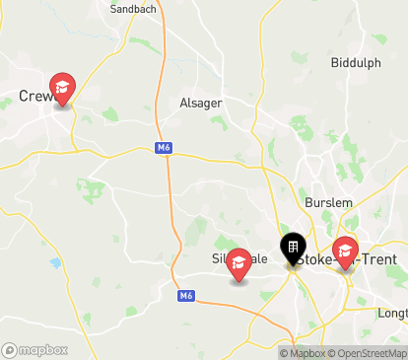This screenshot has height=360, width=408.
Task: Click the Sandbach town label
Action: [133, 9]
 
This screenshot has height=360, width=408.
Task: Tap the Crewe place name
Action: [35, 97]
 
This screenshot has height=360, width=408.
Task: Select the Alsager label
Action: [201, 103]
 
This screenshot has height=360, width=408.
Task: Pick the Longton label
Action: [392, 314]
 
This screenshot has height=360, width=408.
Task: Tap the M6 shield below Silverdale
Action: [185, 295]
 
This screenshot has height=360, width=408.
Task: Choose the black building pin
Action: [293, 248]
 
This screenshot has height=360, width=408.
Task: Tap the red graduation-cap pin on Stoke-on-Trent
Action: [345, 252]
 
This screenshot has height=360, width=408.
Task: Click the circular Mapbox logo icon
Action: [10, 350]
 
